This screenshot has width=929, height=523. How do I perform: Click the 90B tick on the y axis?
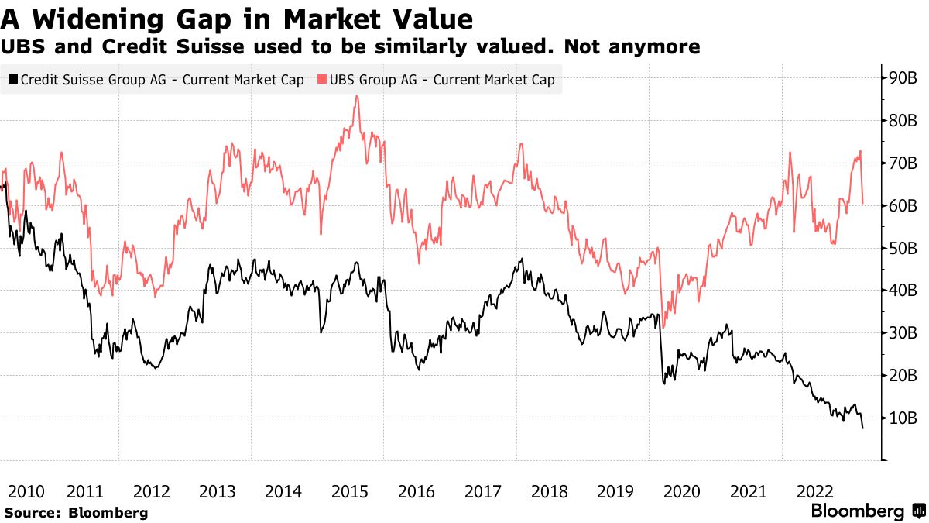[x=903, y=78]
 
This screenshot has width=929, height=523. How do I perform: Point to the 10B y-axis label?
[x=903, y=418]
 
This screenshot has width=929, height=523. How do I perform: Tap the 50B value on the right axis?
[x=903, y=249]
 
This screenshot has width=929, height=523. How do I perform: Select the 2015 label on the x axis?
[x=349, y=491]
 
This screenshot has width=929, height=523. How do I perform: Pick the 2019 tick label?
[x=615, y=491]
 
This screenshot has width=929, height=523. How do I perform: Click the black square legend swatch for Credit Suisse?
[x=12, y=80]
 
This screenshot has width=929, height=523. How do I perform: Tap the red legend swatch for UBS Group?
[x=321, y=80]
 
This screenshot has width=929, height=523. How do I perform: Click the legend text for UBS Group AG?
[x=442, y=80]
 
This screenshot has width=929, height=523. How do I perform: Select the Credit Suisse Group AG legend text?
[x=162, y=80]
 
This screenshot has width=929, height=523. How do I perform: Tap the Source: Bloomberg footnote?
[x=76, y=512]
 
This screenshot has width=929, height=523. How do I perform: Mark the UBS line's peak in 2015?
[x=355, y=96]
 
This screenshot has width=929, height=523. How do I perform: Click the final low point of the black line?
[x=862, y=428]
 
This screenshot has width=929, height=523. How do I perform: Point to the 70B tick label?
[x=903, y=163]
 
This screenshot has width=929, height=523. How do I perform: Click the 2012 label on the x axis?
[x=152, y=491]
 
